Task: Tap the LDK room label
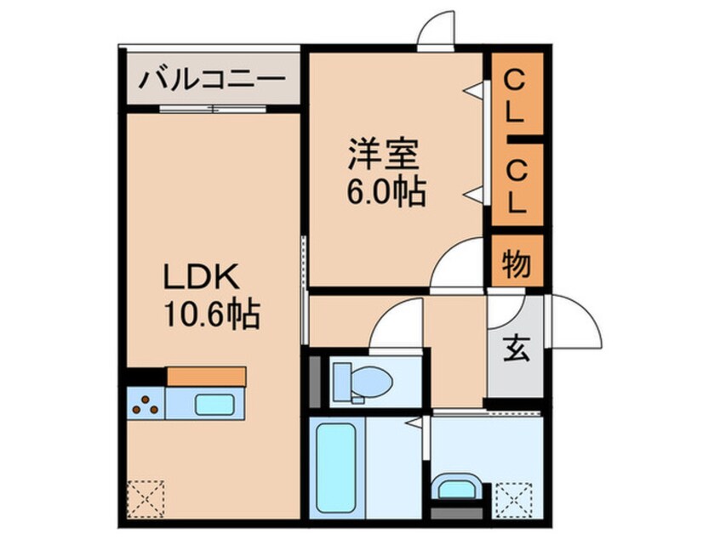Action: coord(204,278)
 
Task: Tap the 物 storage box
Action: coord(516,264)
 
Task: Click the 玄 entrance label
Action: coord(516,347)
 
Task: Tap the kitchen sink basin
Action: coord(213,403)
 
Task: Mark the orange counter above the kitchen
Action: coord(207,376)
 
